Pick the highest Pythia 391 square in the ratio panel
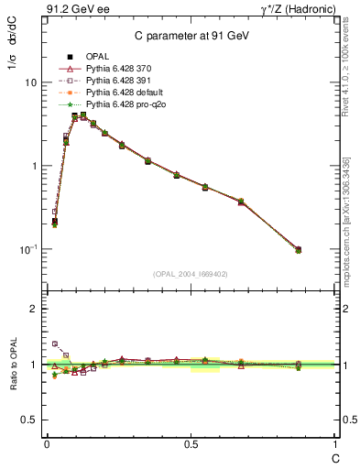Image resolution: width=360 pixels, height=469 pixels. (54, 344)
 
